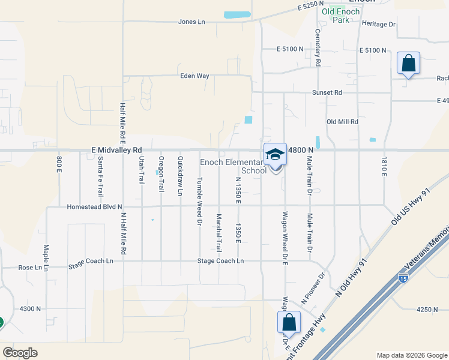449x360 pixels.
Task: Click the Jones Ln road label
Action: coord(191,22)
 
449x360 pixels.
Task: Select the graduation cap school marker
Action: coord(275,154)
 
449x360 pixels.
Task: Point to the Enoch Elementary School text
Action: coord(234,166)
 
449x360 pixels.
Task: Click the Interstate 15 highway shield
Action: coord(403,278)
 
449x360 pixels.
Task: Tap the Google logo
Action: coord(20,353)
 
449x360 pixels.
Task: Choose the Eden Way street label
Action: coord(194,76)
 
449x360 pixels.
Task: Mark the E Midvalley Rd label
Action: coord(116,149)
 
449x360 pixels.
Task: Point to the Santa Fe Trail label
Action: coord(100,176)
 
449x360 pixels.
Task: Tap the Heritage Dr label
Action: coord(379,24)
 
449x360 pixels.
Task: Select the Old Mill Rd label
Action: coord(342,121)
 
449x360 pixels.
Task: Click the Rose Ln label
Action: coord(29,268)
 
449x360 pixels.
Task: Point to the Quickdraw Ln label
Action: coord(181,176)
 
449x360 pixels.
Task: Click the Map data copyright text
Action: coord(411,355)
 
